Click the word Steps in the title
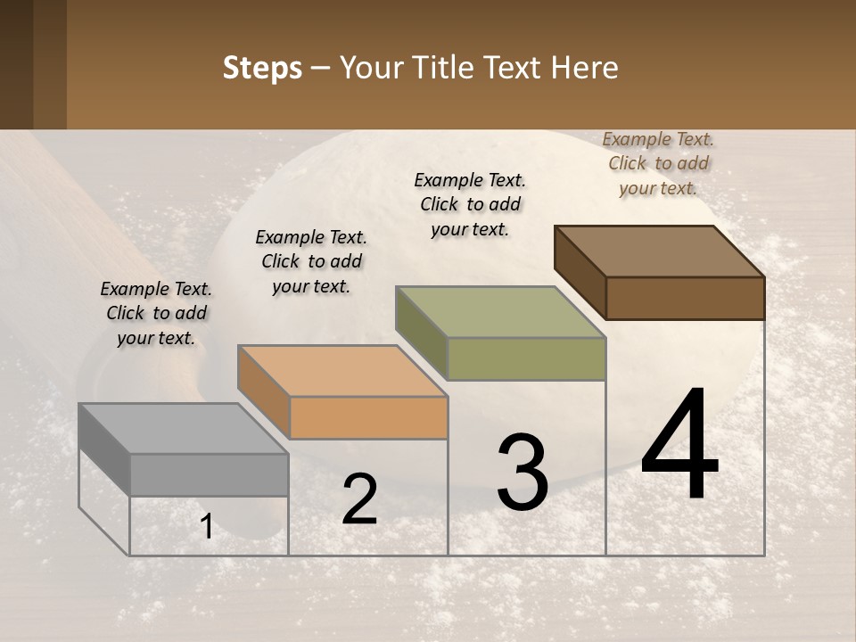point(262,68)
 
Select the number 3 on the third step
point(522,473)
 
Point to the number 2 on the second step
point(359,499)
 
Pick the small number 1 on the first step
point(206,527)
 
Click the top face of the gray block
point(183,429)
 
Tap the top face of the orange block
point(342,371)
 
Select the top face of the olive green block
point(500,312)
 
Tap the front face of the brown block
point(685,298)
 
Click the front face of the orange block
point(368,417)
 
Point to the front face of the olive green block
point(526,358)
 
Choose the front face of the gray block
point(209,474)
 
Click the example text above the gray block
point(156,313)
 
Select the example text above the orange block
point(311,261)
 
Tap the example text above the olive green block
point(470,204)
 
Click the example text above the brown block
point(658,163)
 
